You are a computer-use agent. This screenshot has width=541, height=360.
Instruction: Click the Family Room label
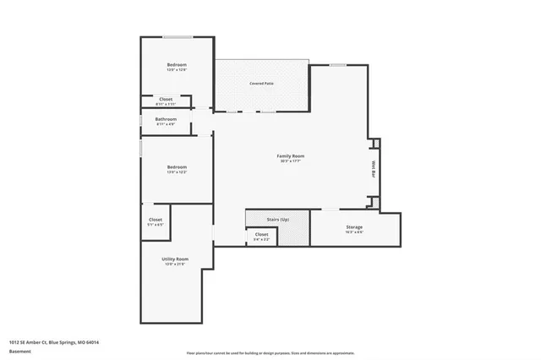coord(291,155)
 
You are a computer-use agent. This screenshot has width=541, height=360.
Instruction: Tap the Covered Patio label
coord(261,84)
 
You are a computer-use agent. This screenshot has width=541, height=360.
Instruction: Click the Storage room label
coord(354,226)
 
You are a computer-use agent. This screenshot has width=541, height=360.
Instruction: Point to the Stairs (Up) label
coord(267,219)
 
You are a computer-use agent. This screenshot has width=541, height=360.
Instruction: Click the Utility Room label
coord(175,259)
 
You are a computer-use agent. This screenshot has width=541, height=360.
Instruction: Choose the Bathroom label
coord(166,119)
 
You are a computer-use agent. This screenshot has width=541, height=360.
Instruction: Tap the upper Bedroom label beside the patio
coord(176,65)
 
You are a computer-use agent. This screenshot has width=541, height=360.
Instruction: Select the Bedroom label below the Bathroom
coord(176,166)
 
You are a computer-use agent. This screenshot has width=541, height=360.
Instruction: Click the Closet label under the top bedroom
coord(166,99)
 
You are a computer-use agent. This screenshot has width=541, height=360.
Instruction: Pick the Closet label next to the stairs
coord(261,234)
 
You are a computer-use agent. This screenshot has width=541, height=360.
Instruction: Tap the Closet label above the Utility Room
coord(156,220)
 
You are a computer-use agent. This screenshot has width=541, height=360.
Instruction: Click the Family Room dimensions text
coord(291,161)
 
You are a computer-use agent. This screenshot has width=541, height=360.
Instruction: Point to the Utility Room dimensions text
coord(175,265)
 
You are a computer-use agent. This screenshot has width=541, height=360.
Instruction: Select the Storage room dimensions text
coord(354,232)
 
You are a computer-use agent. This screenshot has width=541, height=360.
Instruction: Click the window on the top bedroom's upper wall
coord(176,36)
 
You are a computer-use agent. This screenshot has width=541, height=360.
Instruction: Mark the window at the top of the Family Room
coord(337,65)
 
